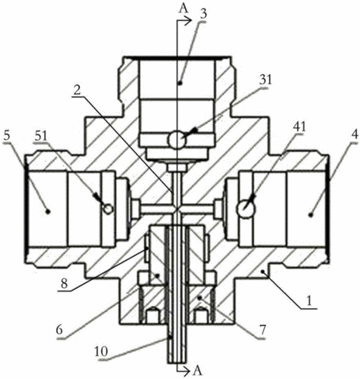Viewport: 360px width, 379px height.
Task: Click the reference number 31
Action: (265, 80)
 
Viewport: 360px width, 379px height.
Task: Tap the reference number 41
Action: (299, 127)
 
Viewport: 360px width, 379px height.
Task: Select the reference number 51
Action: (41, 136)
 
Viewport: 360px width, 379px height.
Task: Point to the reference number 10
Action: (101, 352)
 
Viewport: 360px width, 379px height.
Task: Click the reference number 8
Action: (65, 284)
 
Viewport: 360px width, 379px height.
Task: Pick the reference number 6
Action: (59, 330)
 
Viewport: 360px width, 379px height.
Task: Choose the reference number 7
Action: (263, 330)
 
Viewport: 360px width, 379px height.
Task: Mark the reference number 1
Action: (309, 302)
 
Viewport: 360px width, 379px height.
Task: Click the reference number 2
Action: (77, 90)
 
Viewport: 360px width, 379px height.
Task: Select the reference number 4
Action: (354, 135)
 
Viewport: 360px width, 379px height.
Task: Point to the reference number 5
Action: (8, 136)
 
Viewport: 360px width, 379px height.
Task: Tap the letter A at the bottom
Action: (198, 371)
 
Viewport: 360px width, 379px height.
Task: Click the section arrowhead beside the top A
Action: (188, 20)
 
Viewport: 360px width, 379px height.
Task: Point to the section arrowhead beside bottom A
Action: (188, 371)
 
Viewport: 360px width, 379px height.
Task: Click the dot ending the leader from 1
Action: (262, 271)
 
